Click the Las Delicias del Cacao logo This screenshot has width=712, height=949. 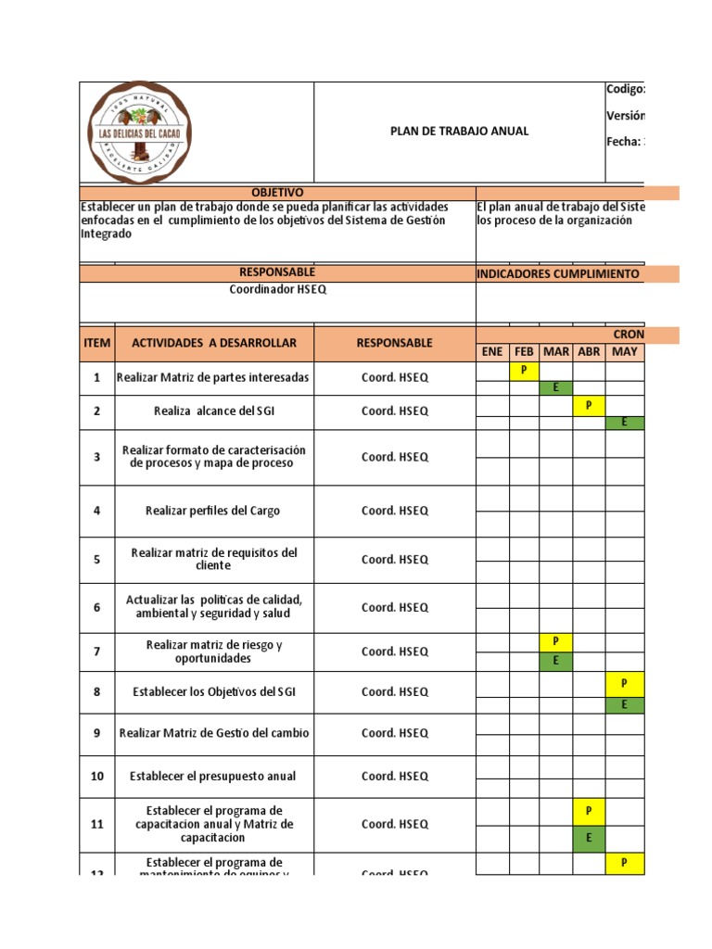click(140, 133)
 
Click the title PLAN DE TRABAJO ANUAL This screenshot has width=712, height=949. click(459, 131)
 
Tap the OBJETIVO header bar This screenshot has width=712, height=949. click(277, 192)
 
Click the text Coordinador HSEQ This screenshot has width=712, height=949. click(277, 290)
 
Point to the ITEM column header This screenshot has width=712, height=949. click(97, 343)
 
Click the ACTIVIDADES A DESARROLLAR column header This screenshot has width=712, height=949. click(214, 343)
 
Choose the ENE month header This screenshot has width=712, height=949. click(492, 352)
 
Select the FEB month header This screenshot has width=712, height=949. click(524, 352)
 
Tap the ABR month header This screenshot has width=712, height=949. click(589, 352)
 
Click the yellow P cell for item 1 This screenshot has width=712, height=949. click(524, 370)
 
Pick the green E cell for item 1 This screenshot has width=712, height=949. click(555, 387)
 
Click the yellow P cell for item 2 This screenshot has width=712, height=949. click(589, 405)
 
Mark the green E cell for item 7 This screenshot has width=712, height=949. click(555, 661)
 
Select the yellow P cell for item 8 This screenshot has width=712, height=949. click(624, 683)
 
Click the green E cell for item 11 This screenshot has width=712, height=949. click(589, 838)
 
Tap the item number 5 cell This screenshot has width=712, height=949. click(97, 560)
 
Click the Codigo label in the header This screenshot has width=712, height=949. click(625, 89)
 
